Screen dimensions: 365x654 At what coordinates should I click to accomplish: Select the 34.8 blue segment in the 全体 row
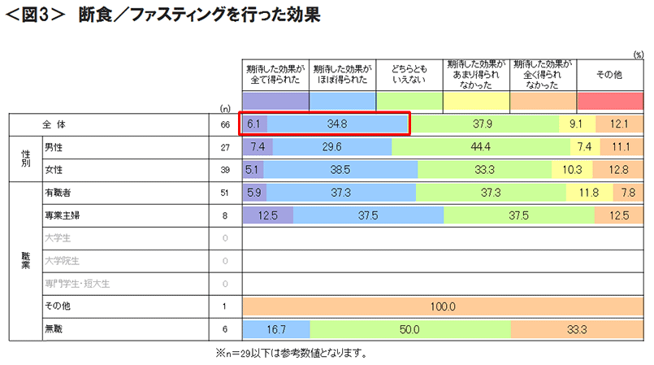click(337, 124)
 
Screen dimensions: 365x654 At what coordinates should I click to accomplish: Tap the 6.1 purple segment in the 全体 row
click(254, 124)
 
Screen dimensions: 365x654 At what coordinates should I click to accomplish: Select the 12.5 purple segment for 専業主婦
click(268, 215)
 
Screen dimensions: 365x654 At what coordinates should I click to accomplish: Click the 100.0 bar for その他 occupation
click(444, 306)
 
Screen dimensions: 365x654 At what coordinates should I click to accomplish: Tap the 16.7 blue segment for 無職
click(277, 329)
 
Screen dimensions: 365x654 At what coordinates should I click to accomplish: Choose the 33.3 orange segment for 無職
click(578, 329)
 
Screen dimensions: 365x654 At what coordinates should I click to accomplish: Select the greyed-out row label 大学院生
click(61, 261)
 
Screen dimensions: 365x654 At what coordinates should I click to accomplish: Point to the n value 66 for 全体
click(225, 124)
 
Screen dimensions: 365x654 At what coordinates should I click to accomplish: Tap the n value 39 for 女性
click(225, 169)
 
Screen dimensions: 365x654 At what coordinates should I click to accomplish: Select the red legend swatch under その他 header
click(610, 101)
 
